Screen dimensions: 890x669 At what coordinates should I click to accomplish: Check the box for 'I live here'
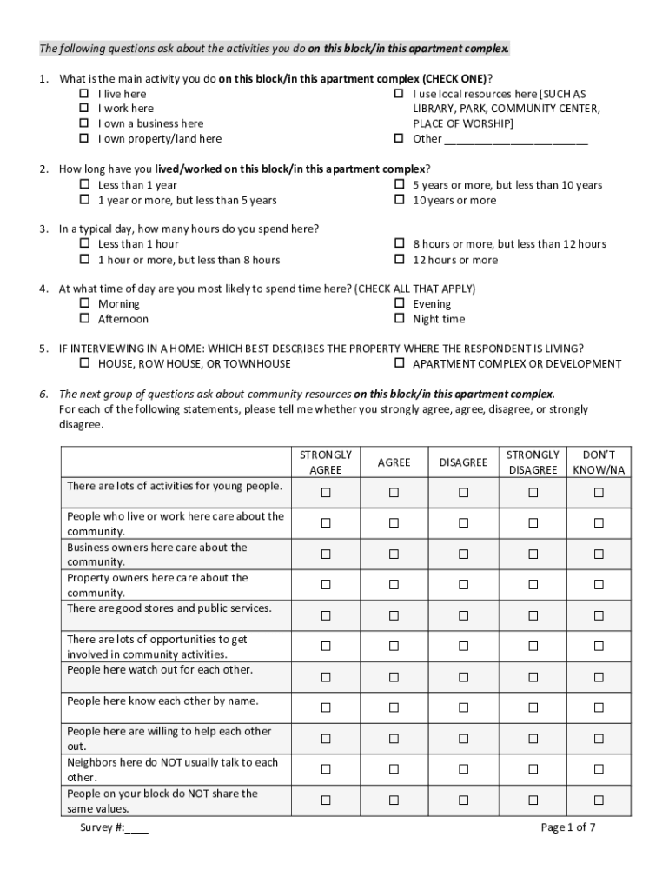coord(85,94)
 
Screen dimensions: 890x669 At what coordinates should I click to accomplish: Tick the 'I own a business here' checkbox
coord(85,123)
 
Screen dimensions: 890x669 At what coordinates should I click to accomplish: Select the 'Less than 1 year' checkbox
coord(85,185)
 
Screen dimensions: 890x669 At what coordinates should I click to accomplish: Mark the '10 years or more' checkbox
coord(400,200)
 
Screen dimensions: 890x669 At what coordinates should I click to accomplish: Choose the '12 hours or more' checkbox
coord(400,260)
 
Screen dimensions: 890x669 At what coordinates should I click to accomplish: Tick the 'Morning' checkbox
coord(85,304)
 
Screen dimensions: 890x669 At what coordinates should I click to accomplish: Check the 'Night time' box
coord(400,319)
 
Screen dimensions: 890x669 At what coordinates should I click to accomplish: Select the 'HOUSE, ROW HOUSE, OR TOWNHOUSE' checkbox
coord(85,363)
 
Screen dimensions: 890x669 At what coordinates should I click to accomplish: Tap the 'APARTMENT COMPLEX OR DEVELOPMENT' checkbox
coord(400,363)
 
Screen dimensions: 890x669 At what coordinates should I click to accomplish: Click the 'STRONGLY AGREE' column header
coord(326,462)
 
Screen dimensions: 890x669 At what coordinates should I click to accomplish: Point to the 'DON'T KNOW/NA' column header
coord(598,462)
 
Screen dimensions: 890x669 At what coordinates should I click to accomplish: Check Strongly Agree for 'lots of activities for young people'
coord(326,493)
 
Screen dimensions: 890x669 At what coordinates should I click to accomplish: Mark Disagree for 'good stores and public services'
coord(463,615)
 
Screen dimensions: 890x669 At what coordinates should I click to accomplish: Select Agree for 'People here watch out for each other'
coord(394,677)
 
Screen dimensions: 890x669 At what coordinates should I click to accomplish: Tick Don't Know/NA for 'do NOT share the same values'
coord(598,800)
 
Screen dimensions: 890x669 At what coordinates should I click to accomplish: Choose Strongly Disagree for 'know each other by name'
coord(533,707)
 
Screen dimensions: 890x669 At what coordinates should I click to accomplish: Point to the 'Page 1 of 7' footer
coord(567,827)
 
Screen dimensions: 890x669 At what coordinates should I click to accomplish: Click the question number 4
coord(43,289)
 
